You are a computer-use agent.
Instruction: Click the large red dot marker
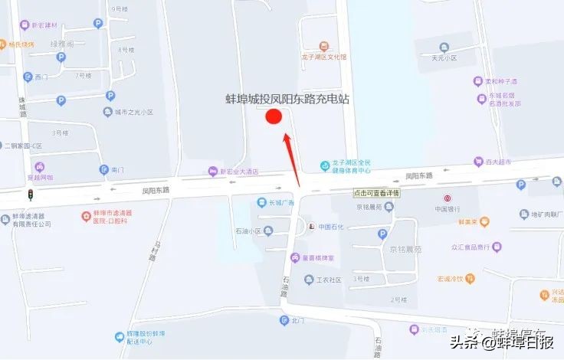click(x=274, y=117)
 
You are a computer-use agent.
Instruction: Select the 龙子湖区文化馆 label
click(x=324, y=57)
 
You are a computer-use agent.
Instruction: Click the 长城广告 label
click(x=280, y=202)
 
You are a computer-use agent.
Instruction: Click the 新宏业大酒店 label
click(x=239, y=172)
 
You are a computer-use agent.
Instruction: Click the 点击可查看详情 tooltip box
click(x=377, y=193)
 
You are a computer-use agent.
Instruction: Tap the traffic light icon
click(x=31, y=195)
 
